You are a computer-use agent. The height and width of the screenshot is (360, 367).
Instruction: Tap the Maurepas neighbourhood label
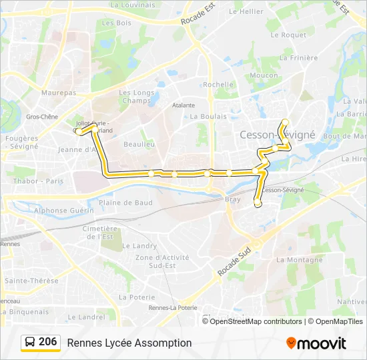59,93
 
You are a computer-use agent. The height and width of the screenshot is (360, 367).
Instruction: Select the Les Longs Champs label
136,97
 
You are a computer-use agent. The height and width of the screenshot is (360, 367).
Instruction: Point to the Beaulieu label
139,144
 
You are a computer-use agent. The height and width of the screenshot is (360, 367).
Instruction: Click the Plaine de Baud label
125,203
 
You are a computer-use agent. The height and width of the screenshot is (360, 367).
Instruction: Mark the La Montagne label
294,259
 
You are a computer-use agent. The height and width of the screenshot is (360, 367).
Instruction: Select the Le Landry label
139,246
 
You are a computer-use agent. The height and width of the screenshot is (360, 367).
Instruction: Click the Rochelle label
218,85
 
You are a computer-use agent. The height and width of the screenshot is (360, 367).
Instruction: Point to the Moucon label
264,75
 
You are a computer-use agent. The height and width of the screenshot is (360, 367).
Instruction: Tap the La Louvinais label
131,5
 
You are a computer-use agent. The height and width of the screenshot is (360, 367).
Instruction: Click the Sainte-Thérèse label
31,281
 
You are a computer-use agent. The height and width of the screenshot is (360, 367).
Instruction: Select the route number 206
48,342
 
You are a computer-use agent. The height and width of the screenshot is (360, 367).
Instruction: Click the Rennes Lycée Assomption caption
129,343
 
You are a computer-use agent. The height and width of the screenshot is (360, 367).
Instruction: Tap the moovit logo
316,343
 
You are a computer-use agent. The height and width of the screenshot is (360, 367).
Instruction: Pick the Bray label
233,199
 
